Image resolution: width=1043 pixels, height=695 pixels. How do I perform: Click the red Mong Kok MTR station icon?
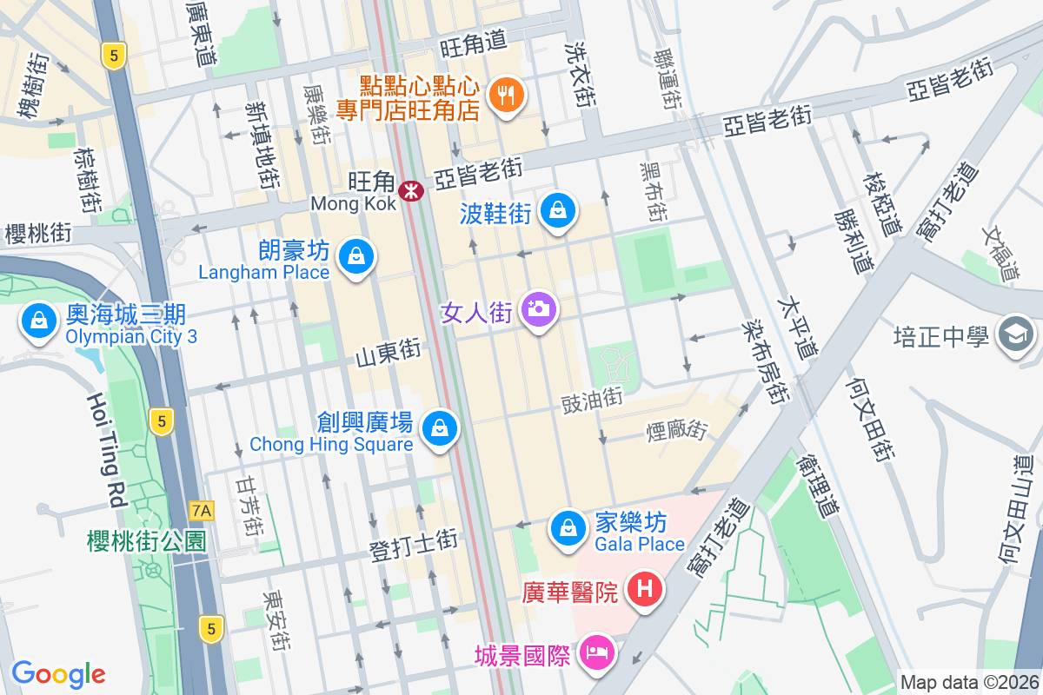411,189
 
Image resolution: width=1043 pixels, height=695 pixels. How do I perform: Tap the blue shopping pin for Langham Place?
355,256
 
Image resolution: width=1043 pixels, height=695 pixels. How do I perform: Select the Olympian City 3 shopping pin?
39,321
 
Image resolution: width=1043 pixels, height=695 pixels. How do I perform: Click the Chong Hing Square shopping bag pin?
441,428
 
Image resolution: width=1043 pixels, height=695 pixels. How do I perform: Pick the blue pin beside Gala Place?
568,527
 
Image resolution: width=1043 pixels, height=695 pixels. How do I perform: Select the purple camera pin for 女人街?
539,309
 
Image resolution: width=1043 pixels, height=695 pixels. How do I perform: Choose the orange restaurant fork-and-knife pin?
506,94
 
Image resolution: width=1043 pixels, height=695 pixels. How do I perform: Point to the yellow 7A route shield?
202,509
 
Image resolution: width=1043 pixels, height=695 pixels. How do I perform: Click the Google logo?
58,673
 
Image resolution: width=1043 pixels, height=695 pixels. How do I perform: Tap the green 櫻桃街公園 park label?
147,540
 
